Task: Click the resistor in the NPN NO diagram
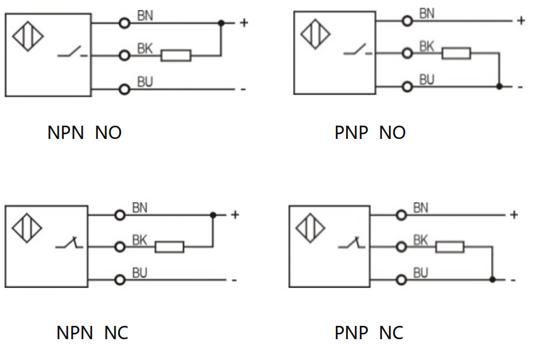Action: click(176, 56)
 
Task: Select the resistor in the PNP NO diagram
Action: click(456, 53)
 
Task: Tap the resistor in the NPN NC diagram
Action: click(169, 246)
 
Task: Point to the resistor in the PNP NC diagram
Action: click(450, 246)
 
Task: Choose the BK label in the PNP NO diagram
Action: click(427, 46)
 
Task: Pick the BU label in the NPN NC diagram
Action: click(140, 272)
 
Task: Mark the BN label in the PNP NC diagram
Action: click(420, 208)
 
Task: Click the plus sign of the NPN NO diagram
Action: click(244, 23)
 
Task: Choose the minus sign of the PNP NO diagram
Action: click(521, 87)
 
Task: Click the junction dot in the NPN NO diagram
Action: click(221, 23)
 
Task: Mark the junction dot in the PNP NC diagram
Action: click(492, 279)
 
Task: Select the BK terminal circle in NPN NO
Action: click(124, 56)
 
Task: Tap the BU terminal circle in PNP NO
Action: click(407, 86)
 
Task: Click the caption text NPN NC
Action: click(92, 333)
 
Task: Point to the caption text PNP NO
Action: click(370, 133)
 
